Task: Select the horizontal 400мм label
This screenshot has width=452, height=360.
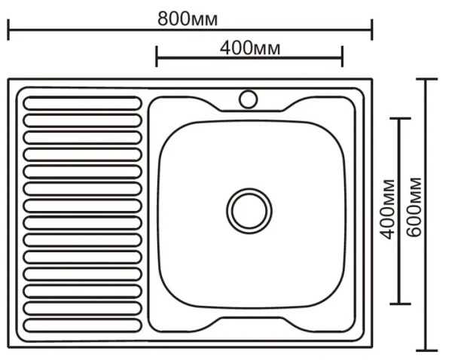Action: click(x=251, y=47)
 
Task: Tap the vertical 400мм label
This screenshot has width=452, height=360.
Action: click(x=388, y=209)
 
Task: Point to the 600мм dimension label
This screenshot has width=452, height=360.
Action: click(x=414, y=206)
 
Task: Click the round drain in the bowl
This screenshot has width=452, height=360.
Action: click(x=250, y=209)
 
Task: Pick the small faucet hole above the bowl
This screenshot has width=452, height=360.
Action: click(x=248, y=99)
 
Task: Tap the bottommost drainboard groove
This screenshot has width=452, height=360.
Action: click(x=82, y=325)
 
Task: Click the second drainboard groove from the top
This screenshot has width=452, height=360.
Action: click(x=82, y=120)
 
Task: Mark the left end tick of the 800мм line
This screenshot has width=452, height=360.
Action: click(x=8, y=31)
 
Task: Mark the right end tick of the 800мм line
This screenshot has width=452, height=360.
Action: click(x=372, y=31)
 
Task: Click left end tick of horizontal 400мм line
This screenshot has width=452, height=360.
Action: click(x=157, y=56)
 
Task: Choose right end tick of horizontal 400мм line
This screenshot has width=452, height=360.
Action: click(x=343, y=56)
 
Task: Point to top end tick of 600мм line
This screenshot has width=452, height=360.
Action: click(x=427, y=78)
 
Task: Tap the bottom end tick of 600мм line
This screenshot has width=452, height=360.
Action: click(x=427, y=350)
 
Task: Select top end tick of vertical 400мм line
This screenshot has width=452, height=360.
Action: click(x=399, y=118)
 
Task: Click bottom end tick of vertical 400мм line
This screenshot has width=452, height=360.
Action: click(x=399, y=304)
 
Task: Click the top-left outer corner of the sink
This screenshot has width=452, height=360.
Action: click(x=9, y=79)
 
